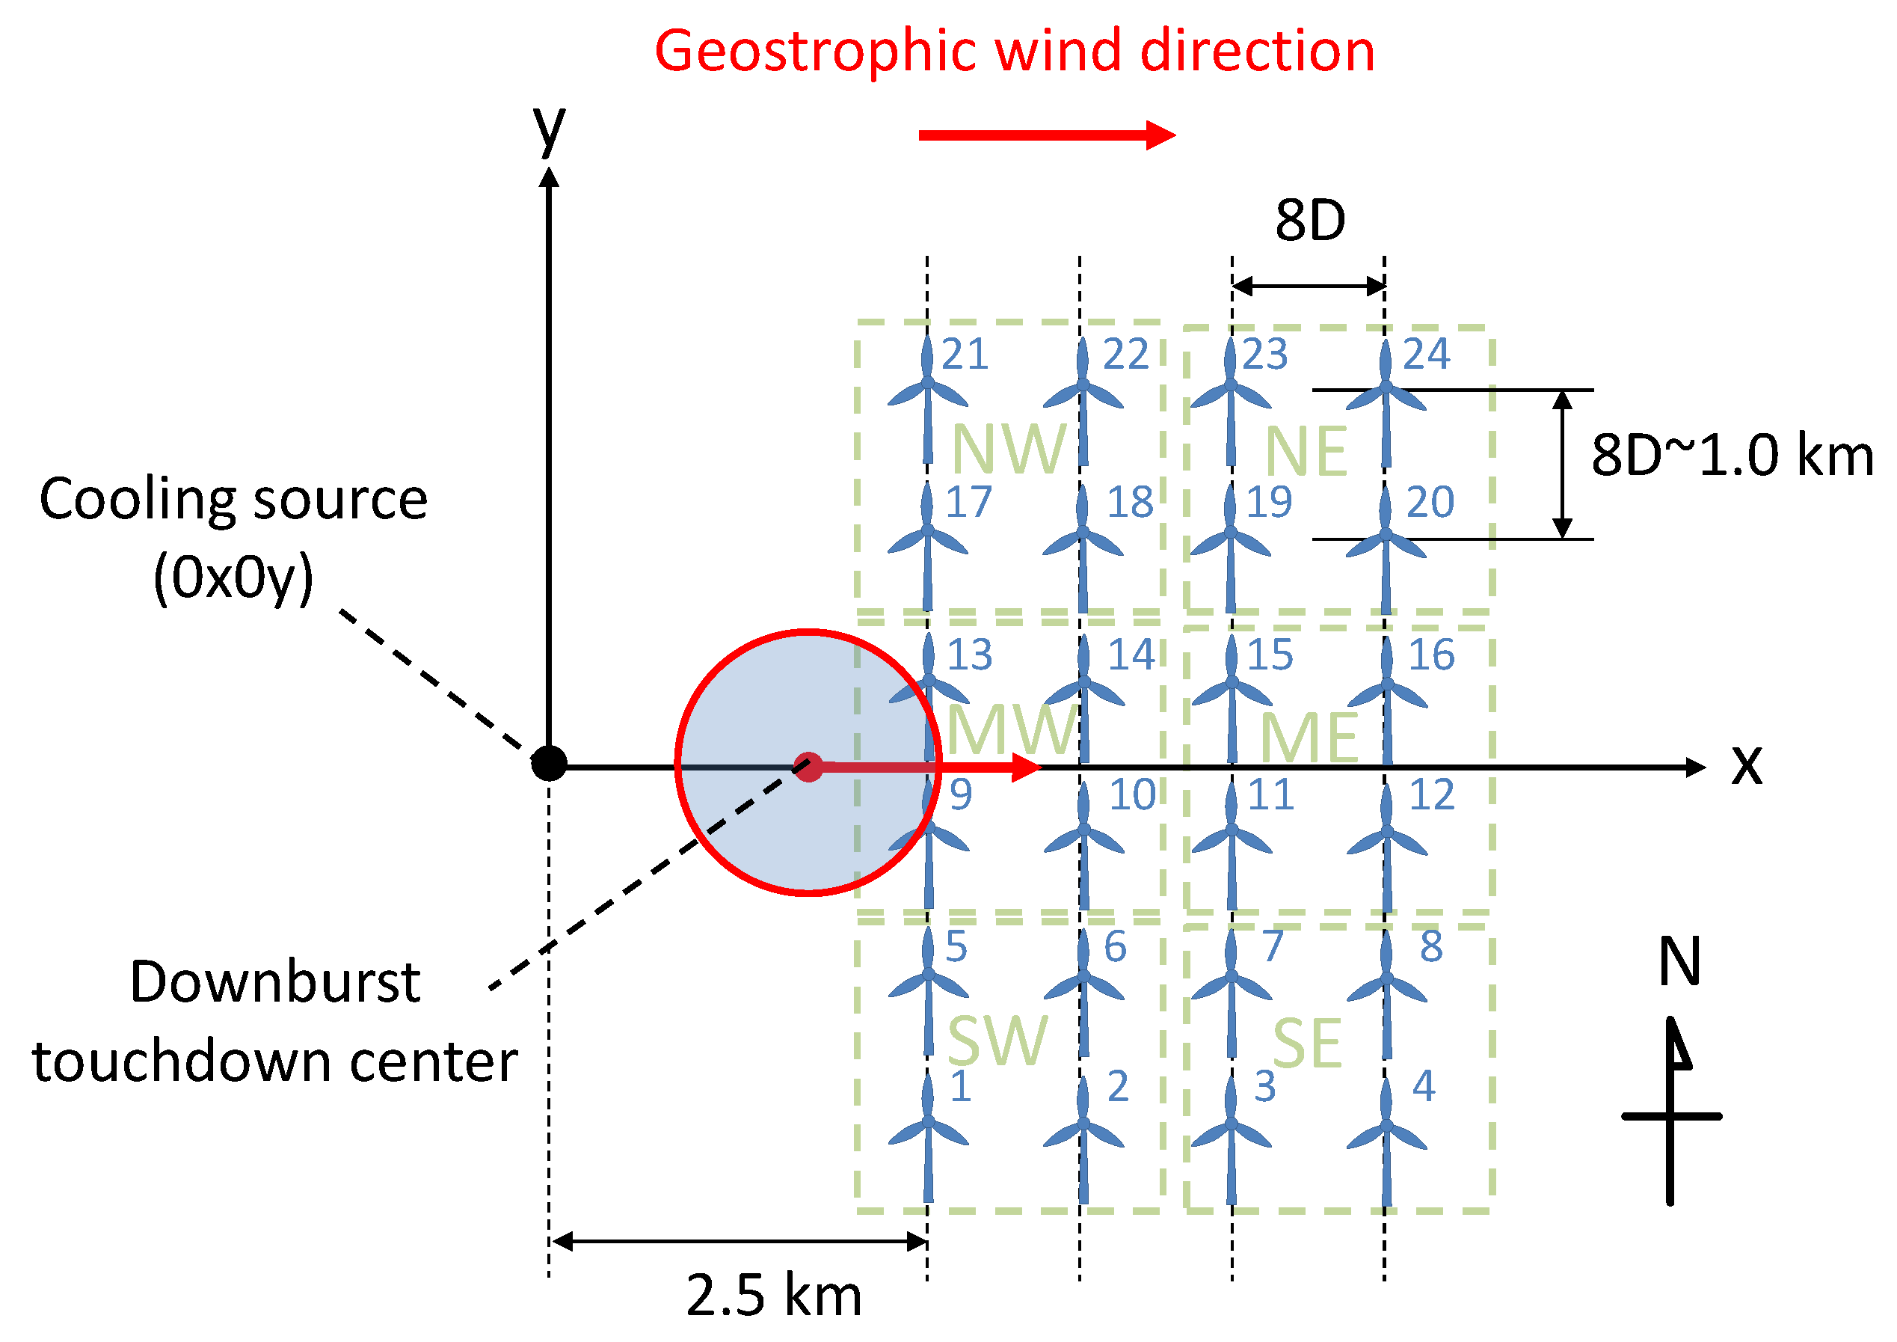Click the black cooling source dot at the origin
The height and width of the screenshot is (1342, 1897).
[x=549, y=763]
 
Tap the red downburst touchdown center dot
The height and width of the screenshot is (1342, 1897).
[x=808, y=767]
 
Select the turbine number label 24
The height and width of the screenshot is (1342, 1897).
[x=1426, y=354]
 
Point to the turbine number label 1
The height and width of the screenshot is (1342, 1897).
[x=960, y=1086]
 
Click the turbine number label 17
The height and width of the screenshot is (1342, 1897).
[x=968, y=502]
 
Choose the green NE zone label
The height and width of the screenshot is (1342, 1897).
[x=1306, y=452]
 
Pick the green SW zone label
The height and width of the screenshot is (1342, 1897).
[x=997, y=1041]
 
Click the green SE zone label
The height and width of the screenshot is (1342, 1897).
[x=1307, y=1043]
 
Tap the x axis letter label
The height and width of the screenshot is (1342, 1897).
[x=1747, y=764]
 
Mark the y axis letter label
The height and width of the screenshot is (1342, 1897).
[x=550, y=129]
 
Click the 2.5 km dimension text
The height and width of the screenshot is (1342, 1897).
[x=773, y=1295]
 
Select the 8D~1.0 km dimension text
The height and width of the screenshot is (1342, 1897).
[x=1732, y=456]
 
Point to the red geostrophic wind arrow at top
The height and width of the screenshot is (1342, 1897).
[x=1047, y=135]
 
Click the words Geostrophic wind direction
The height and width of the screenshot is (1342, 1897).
[x=1015, y=51]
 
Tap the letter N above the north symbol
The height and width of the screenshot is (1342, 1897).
[x=1679, y=962]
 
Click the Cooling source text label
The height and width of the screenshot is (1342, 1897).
[x=234, y=500]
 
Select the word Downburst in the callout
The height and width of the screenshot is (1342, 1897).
[x=275, y=982]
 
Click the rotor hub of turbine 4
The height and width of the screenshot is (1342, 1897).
[x=1386, y=1127]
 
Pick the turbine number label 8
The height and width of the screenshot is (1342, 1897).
[x=1431, y=947]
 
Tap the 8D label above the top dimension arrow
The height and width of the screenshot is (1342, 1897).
[x=1310, y=221]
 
